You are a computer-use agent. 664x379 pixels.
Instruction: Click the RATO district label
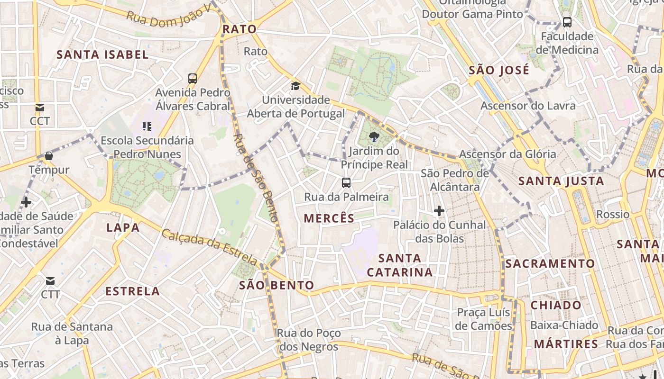pyautogui.click(x=240, y=29)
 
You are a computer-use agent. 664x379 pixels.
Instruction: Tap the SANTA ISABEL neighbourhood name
pyautogui.click(x=102, y=54)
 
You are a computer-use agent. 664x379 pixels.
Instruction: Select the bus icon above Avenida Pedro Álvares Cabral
pyautogui.click(x=192, y=79)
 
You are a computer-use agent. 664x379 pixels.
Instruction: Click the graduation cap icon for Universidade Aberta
pyautogui.click(x=295, y=86)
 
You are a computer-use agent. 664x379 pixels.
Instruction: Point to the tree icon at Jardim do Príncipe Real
pyautogui.click(x=374, y=137)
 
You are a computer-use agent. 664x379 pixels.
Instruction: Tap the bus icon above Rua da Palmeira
pyautogui.click(x=346, y=182)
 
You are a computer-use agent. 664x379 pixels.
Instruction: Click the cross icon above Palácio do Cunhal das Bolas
pyautogui.click(x=439, y=211)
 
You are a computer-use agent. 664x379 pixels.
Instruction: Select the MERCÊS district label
pyautogui.click(x=329, y=218)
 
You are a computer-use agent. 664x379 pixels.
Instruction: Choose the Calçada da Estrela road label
pyautogui.click(x=209, y=246)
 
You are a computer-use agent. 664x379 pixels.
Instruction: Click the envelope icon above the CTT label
pyautogui.click(x=50, y=281)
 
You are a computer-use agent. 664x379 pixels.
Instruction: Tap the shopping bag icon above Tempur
pyautogui.click(x=48, y=156)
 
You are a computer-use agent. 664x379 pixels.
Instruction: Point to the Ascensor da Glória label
pyautogui.click(x=507, y=154)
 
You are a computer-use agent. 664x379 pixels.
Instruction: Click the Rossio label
pyautogui.click(x=613, y=214)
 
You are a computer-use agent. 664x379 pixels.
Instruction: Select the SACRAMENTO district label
pyautogui.click(x=550, y=263)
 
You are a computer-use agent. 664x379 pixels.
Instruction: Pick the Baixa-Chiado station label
pyautogui.click(x=564, y=325)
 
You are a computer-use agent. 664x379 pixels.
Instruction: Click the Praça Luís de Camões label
pyautogui.click(x=483, y=319)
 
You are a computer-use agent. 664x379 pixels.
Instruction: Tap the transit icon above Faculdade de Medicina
pyautogui.click(x=567, y=22)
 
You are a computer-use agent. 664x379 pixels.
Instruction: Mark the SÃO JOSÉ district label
pyautogui.click(x=499, y=71)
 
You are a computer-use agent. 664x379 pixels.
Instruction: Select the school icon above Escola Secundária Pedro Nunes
pyautogui.click(x=147, y=126)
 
